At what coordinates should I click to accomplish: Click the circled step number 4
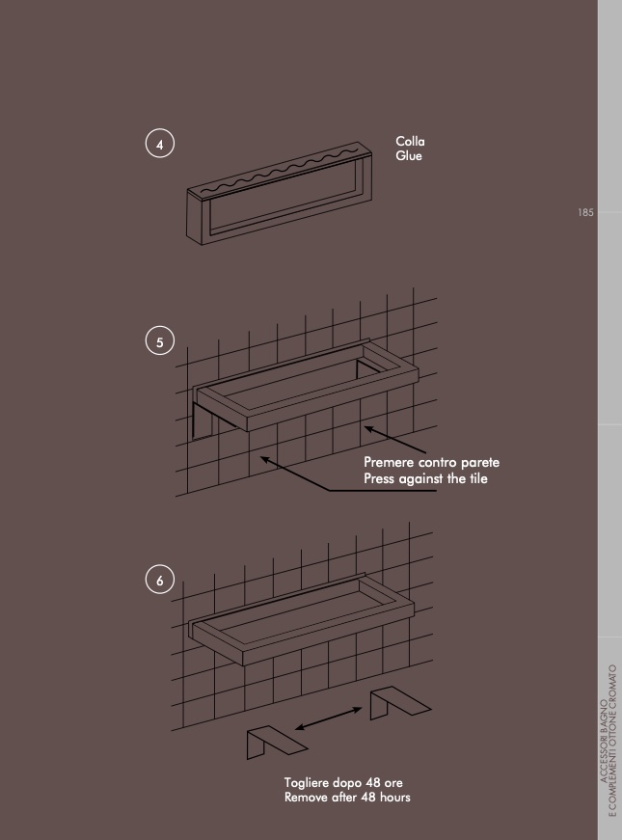coord(160,144)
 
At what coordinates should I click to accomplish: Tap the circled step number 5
coord(160,340)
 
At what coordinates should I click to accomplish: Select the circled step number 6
coord(160,580)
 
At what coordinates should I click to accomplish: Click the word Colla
coord(411,142)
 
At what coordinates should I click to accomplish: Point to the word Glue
coord(409,156)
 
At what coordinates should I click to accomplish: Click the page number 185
coord(585,213)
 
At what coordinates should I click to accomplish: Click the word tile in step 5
coord(479,477)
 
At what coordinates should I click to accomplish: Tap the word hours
coord(395,798)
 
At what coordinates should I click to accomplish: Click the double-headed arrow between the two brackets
coord(329,718)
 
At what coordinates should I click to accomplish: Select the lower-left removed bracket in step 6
coord(277,742)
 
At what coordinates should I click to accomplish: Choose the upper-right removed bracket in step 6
coord(400,702)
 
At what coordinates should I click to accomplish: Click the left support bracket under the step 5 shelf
coord(206,420)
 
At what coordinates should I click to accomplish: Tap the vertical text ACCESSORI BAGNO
coord(604,741)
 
